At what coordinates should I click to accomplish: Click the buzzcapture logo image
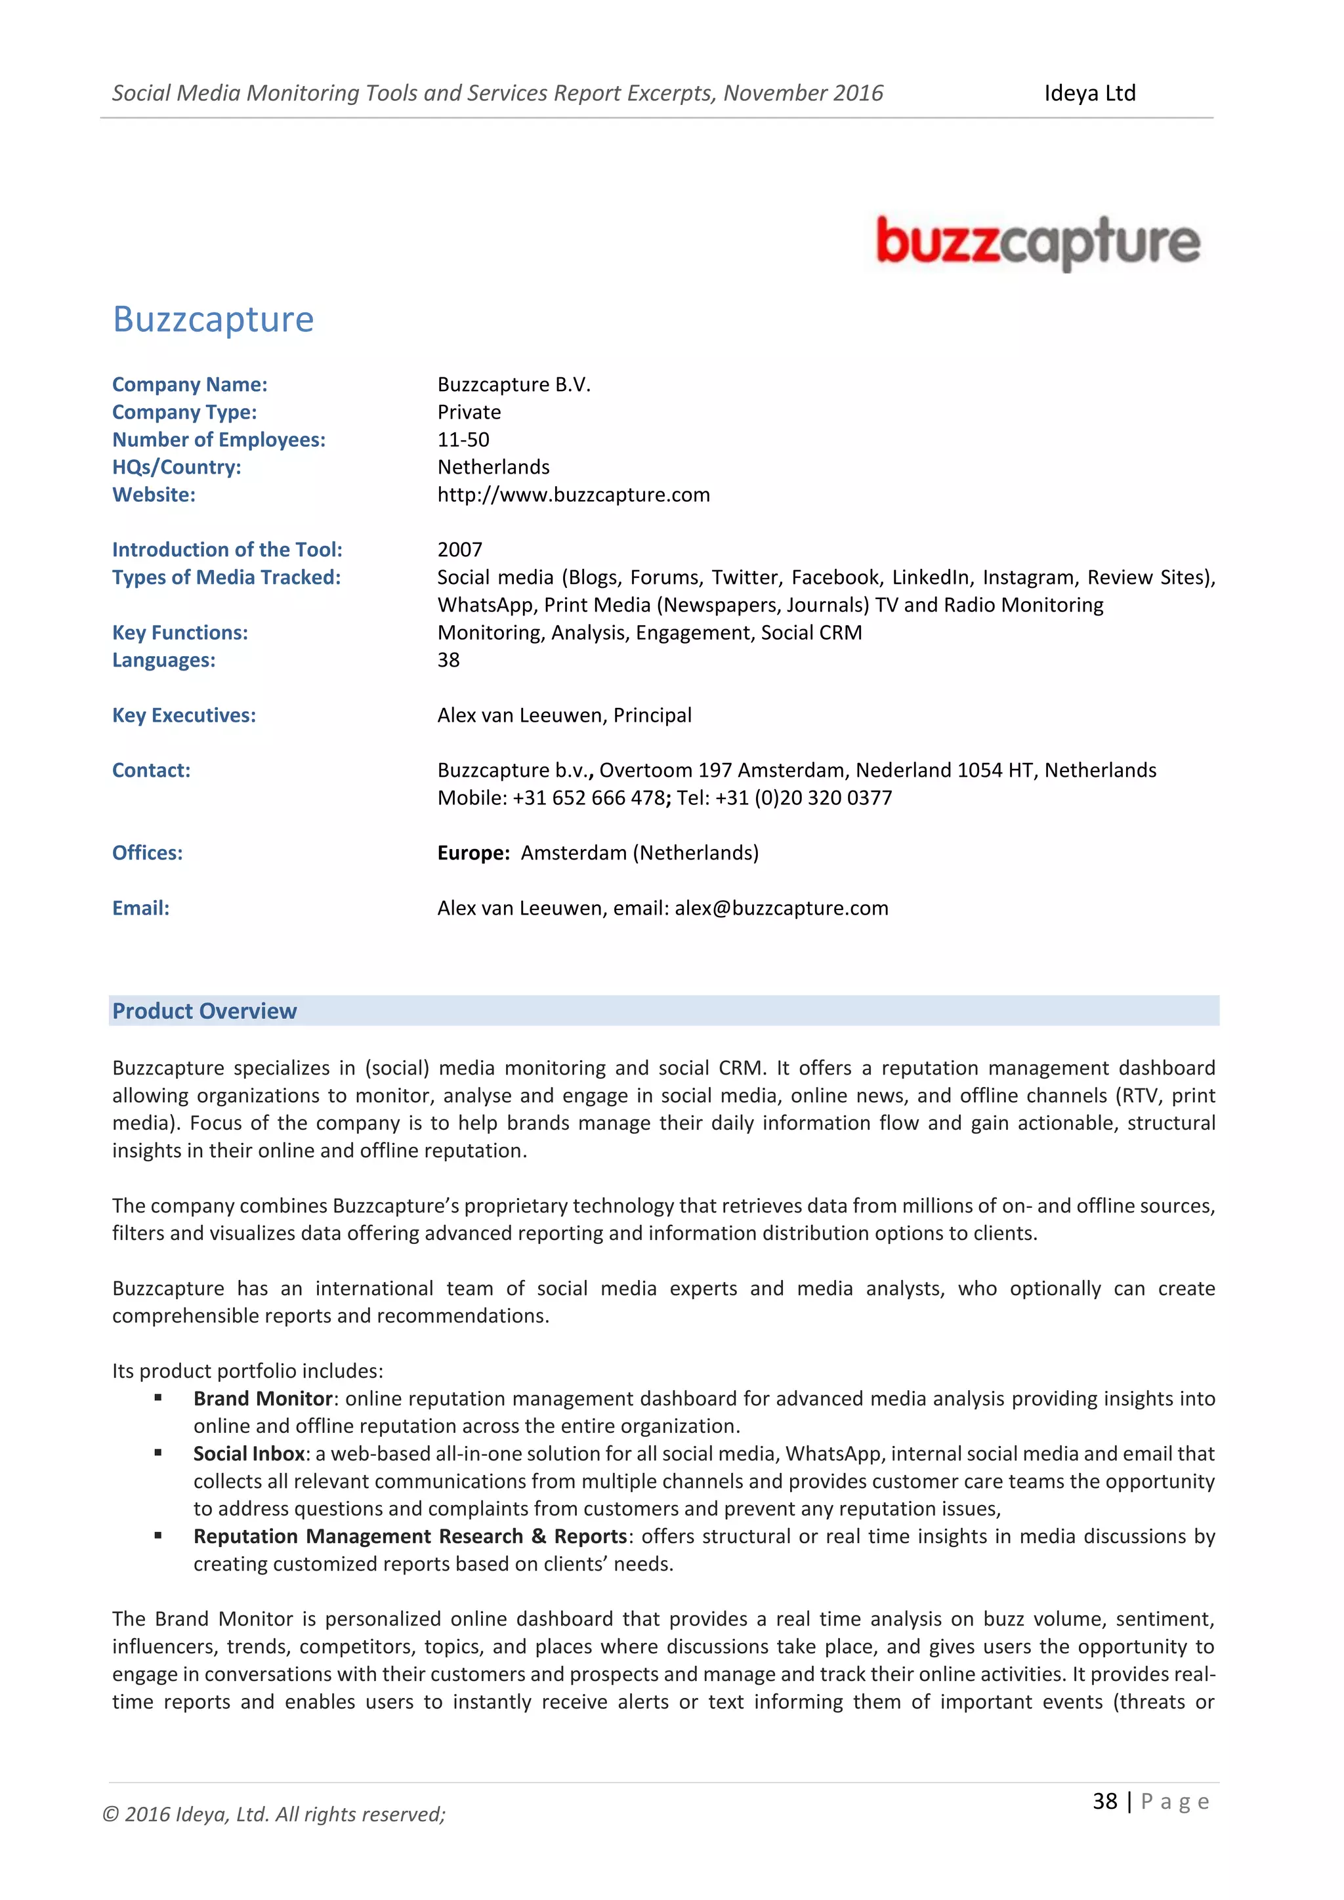click(x=1038, y=243)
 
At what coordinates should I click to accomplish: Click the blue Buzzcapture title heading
click(x=213, y=320)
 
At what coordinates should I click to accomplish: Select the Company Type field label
click(x=184, y=412)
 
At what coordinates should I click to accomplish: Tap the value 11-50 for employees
click(x=463, y=440)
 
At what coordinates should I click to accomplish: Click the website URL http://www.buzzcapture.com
click(x=574, y=495)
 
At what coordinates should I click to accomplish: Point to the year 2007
click(x=459, y=550)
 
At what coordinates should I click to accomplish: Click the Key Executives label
click(x=184, y=715)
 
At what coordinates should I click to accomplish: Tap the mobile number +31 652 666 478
click(x=589, y=798)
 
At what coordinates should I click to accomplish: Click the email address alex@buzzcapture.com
click(x=781, y=908)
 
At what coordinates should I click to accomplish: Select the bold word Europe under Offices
click(x=472, y=853)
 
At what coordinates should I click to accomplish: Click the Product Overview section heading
click(x=204, y=1011)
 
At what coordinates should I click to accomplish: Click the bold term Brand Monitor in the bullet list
click(x=262, y=1399)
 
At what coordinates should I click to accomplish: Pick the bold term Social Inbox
click(x=249, y=1454)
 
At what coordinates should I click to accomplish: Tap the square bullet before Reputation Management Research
click(x=158, y=1535)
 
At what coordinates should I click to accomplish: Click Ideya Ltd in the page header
click(x=1089, y=93)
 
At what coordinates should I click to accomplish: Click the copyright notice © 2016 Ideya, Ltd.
click(x=273, y=1815)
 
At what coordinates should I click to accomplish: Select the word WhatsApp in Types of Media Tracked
click(x=485, y=605)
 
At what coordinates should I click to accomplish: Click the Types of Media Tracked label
click(x=226, y=577)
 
